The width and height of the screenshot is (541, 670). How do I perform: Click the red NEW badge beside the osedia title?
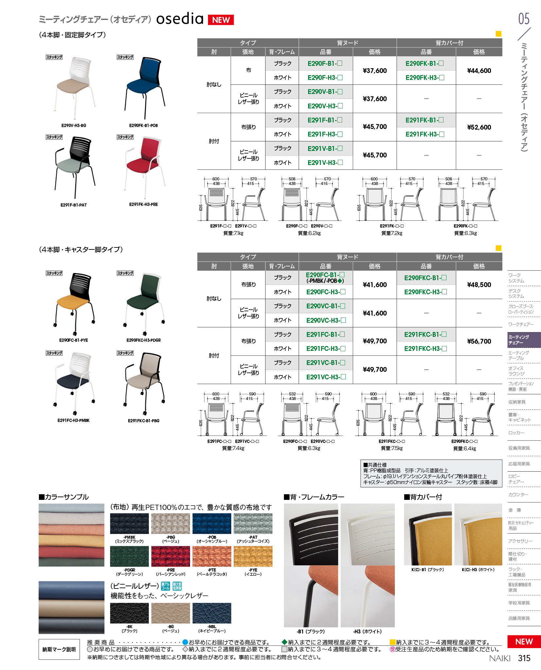coord(221,20)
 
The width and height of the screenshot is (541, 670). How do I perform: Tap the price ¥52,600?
coord(479,127)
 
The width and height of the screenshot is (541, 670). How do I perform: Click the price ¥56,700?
coord(479,341)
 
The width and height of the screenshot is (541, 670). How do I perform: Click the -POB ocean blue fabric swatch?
coord(212,524)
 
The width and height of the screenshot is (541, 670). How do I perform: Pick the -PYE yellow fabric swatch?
coord(253,556)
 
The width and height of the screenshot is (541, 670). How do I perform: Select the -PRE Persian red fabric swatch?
coord(170,556)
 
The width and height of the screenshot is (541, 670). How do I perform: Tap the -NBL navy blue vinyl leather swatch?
coord(212,613)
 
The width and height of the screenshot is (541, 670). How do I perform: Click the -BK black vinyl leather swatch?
coord(129,613)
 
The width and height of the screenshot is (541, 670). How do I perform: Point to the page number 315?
coord(524,658)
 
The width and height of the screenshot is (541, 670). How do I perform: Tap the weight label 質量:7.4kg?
coord(233,448)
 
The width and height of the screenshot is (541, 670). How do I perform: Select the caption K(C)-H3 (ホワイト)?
coord(478,570)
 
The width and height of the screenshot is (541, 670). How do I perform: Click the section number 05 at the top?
coord(524,19)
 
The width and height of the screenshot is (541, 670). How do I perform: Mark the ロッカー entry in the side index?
coord(516,433)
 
